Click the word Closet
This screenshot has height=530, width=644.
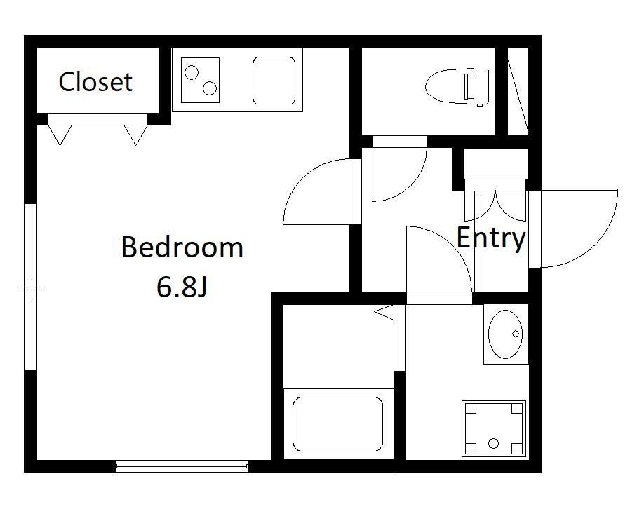tap(95, 82)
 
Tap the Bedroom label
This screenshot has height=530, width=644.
tap(182, 247)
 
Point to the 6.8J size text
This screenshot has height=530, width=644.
tap(181, 287)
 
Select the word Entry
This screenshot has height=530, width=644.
tap(491, 238)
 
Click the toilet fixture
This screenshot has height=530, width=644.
tap(457, 87)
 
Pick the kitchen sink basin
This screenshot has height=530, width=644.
tap(274, 81)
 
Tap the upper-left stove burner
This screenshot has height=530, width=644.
tap(192, 73)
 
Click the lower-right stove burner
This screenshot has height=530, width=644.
tap(210, 88)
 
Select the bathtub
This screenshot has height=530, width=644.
tap(337, 424)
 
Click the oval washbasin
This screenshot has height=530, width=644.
tap(505, 334)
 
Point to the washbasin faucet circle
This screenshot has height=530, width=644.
tap(516, 334)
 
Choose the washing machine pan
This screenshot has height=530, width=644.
tap(494, 428)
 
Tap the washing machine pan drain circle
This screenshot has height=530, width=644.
tap(493, 443)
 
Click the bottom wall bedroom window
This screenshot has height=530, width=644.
tap(182, 466)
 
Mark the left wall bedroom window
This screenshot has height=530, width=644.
tap(30, 287)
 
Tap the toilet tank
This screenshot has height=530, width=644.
tap(477, 87)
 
